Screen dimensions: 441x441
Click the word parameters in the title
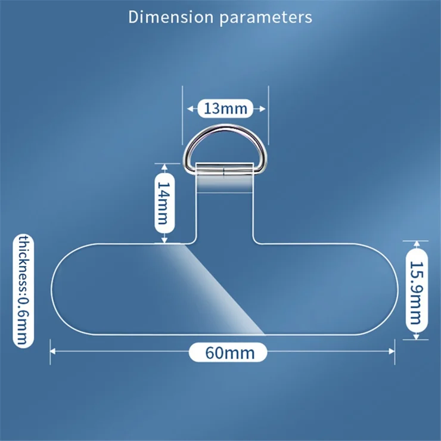tap(265, 18)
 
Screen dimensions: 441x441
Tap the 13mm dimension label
tap(225, 108)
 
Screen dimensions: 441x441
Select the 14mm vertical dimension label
tap(165, 203)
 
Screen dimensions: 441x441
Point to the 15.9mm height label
tap(417, 290)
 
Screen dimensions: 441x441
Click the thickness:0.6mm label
tap(23, 291)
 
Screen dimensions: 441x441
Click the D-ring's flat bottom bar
tap(224, 170)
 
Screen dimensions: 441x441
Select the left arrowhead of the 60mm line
tap(53, 351)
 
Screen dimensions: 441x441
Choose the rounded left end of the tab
tap(60, 290)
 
